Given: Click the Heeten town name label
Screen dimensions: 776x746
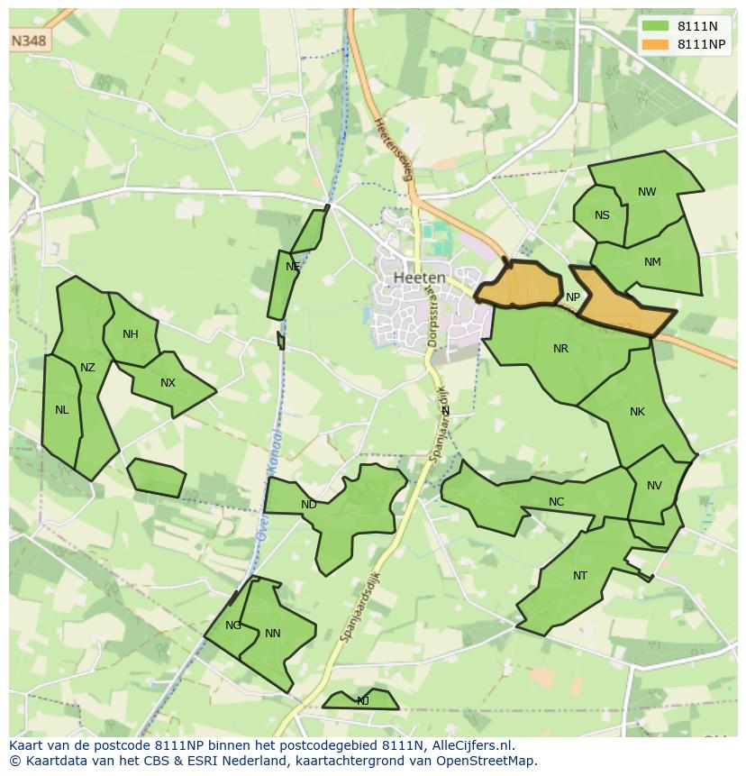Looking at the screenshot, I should (420, 278).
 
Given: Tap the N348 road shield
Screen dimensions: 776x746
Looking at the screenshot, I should (29, 41).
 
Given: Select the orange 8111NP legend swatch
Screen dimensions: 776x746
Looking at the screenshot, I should (656, 44).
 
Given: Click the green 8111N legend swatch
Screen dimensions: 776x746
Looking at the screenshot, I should (656, 26).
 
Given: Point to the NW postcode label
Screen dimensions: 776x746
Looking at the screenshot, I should (647, 192).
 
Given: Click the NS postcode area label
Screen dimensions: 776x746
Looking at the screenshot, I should (602, 215).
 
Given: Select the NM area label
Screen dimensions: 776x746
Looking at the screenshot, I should (652, 262).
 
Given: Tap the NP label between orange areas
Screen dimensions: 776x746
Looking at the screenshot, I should (573, 297).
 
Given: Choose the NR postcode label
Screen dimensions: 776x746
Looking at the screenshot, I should (560, 349).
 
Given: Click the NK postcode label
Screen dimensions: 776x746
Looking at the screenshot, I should (637, 412).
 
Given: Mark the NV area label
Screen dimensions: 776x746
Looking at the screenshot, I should (654, 486).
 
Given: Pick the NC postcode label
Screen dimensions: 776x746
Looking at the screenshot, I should (556, 502).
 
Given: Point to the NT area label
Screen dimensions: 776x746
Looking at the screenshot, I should (579, 576).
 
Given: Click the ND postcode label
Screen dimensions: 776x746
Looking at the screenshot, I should (308, 505).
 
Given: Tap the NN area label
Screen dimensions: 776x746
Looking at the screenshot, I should (272, 634).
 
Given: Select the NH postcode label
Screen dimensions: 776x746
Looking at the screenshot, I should (131, 334).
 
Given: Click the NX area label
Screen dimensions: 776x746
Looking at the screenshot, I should (168, 383).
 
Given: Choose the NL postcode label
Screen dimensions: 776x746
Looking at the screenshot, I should (61, 410).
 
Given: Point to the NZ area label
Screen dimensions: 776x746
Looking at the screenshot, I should (87, 367).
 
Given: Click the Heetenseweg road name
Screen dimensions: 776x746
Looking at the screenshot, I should (393, 149).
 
